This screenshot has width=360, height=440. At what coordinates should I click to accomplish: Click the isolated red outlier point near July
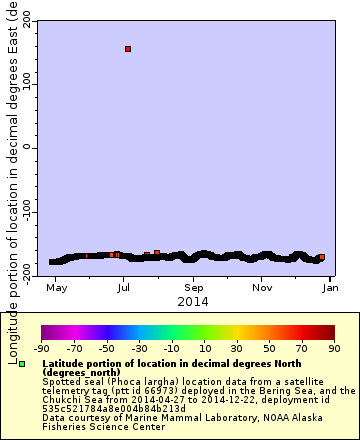[128, 48]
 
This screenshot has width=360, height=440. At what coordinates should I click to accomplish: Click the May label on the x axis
[57, 287]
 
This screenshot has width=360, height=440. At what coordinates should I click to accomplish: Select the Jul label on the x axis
[124, 287]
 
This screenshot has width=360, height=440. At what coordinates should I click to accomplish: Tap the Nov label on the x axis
[263, 287]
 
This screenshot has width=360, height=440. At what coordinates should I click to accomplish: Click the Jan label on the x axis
[329, 287]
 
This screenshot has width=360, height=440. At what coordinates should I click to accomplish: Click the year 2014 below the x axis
[192, 300]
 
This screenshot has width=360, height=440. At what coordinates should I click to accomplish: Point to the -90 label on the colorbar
[42, 348]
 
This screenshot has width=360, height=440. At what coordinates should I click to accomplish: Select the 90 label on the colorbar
[334, 348]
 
